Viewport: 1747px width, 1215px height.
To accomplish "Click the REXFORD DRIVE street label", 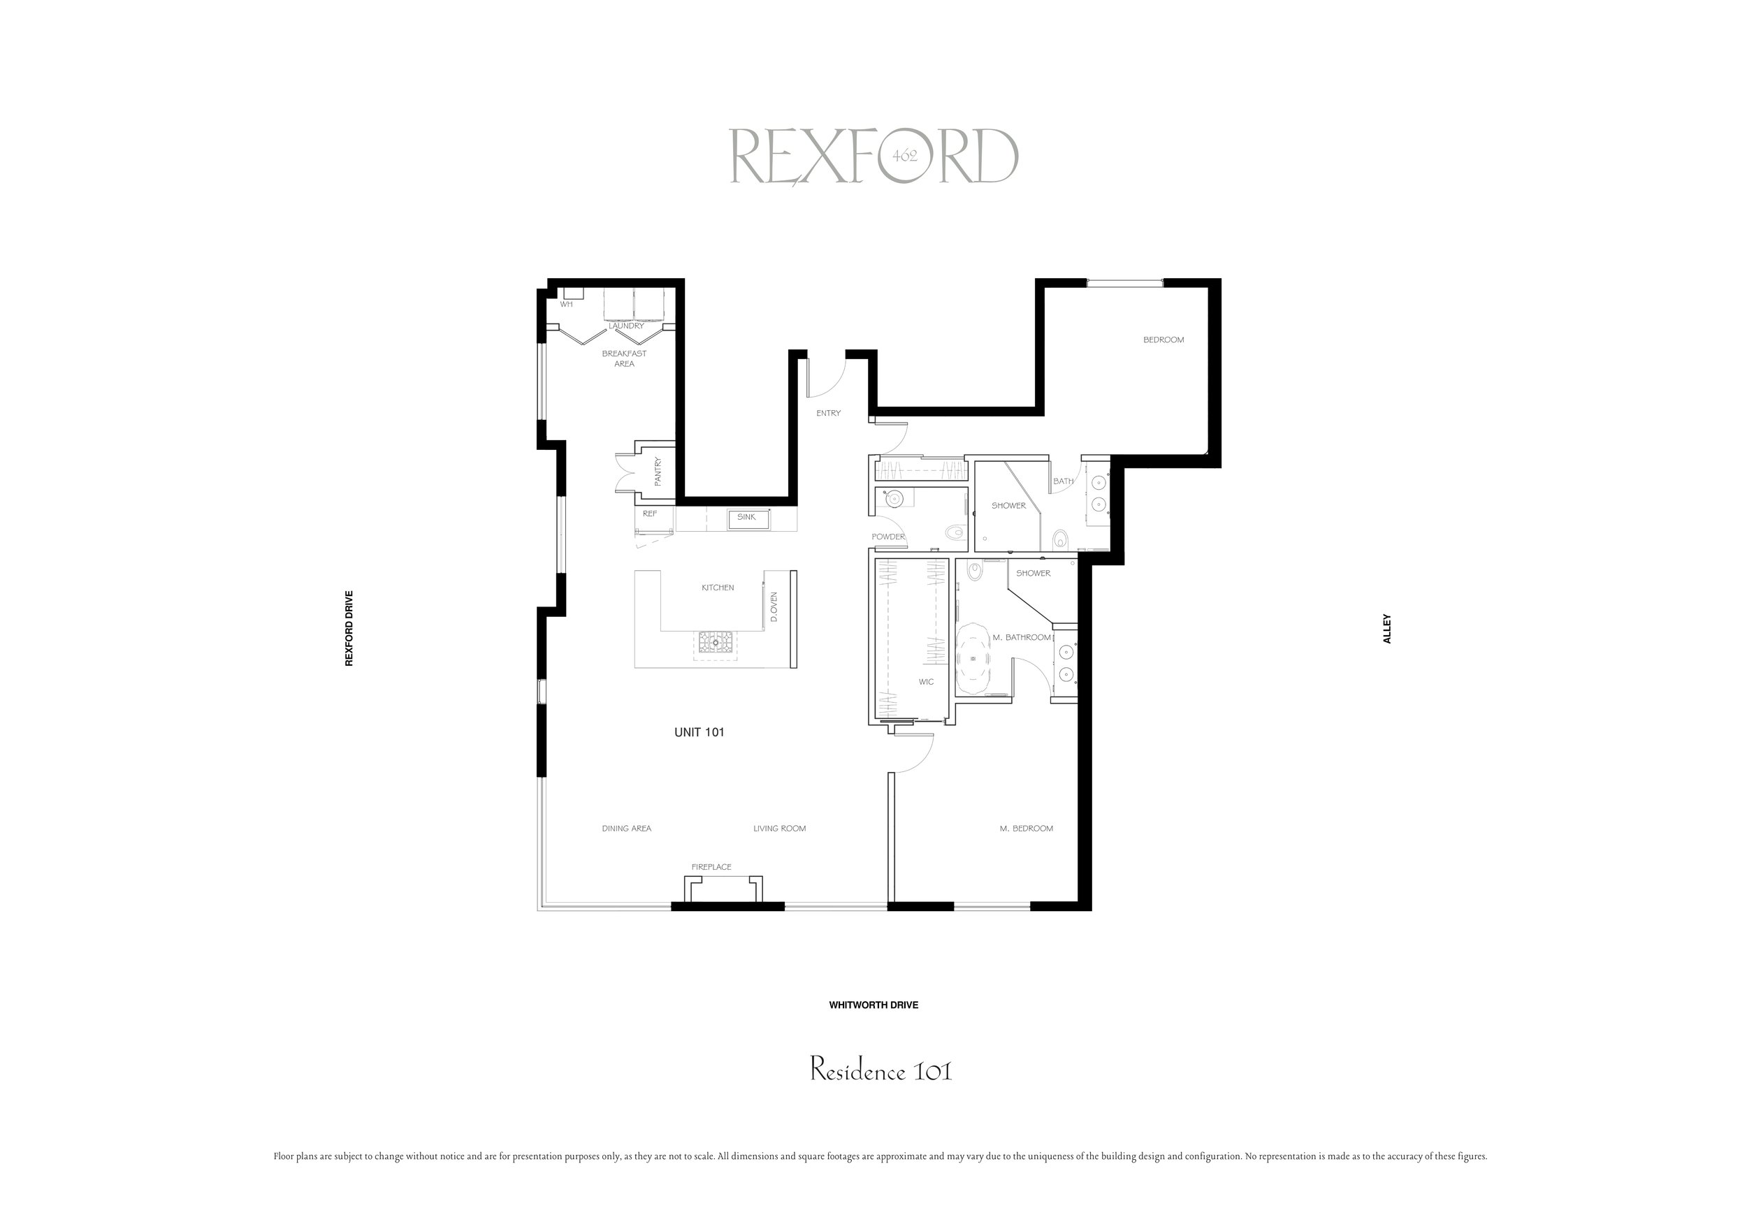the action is [349, 627].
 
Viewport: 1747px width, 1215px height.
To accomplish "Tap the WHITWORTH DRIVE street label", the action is [873, 1005].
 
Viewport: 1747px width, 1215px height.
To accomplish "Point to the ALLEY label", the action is [1386, 628].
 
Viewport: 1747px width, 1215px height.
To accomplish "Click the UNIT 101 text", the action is [699, 732].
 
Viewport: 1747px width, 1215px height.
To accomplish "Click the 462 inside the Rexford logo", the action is [905, 156].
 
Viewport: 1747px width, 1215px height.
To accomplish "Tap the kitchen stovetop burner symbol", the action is [716, 642].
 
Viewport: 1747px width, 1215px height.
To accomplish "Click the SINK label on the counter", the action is [746, 517].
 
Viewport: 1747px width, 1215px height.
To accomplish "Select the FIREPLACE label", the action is [711, 866].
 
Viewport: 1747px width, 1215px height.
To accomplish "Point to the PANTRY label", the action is [658, 472].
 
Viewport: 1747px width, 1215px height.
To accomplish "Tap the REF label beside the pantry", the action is [650, 514].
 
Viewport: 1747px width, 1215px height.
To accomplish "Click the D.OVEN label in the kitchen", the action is [774, 607].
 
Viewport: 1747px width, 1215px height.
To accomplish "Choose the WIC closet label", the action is [926, 682].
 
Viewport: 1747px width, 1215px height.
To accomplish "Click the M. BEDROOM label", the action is [1027, 829].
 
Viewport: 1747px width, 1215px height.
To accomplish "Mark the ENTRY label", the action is [829, 413].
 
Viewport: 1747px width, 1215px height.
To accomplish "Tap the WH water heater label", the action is [566, 305].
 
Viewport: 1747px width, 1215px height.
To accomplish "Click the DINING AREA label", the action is [626, 829].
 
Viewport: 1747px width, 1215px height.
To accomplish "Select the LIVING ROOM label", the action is [779, 829].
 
